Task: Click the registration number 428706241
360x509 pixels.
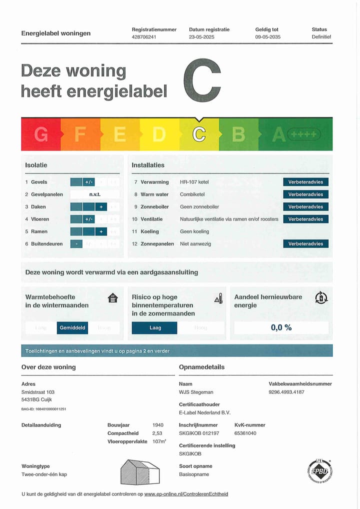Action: click(144, 37)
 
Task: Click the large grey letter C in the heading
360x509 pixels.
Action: click(202, 80)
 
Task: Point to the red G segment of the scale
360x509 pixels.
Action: click(40, 134)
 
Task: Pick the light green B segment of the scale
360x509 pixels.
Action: click(238, 134)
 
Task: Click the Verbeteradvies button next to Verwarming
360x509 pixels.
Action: click(305, 182)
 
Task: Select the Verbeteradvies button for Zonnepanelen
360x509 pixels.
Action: click(305, 244)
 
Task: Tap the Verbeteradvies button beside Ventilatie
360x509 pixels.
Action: click(305, 219)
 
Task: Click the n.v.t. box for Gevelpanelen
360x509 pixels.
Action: click(95, 194)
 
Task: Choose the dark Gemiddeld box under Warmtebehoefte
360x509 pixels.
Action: click(72, 328)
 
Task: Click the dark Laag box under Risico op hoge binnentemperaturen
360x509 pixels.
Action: click(154, 328)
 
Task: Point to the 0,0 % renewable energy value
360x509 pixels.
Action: click(281, 328)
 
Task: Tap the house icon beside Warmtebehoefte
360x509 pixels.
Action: click(113, 298)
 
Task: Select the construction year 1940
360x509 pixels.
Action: click(158, 425)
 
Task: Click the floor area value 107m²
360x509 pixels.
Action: click(159, 441)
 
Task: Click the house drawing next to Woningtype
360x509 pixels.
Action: click(140, 471)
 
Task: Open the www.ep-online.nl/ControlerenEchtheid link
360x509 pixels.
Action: click(186, 494)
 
